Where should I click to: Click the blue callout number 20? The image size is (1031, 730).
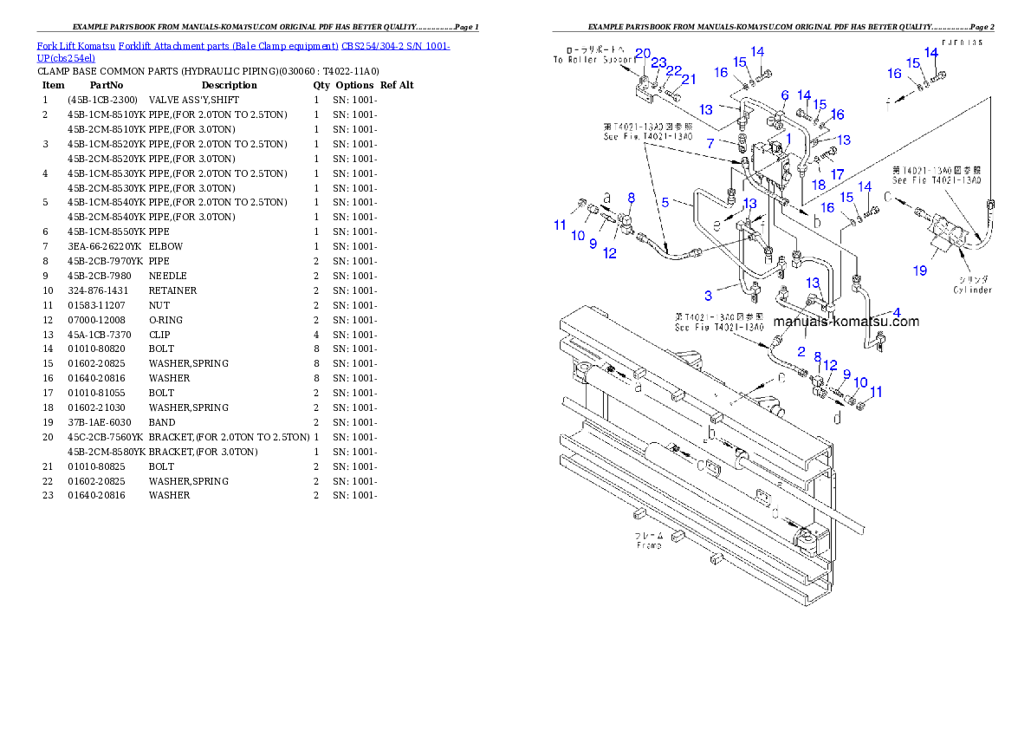pos(642,53)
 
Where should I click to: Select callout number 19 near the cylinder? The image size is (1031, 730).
pos(920,270)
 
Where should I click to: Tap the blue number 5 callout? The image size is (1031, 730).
pos(665,202)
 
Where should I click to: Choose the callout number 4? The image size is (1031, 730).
pos(897,312)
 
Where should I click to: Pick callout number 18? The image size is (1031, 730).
pos(818,184)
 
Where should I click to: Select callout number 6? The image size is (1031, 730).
pos(785,95)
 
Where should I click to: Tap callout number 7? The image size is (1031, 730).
pos(709,141)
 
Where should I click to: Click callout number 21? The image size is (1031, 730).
pos(689,80)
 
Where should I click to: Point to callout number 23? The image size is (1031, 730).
pos(658,62)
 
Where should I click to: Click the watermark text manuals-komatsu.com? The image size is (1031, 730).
pos(846,322)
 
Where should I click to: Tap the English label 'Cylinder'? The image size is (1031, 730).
pos(972,290)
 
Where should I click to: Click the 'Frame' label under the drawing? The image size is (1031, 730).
pos(649,545)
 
